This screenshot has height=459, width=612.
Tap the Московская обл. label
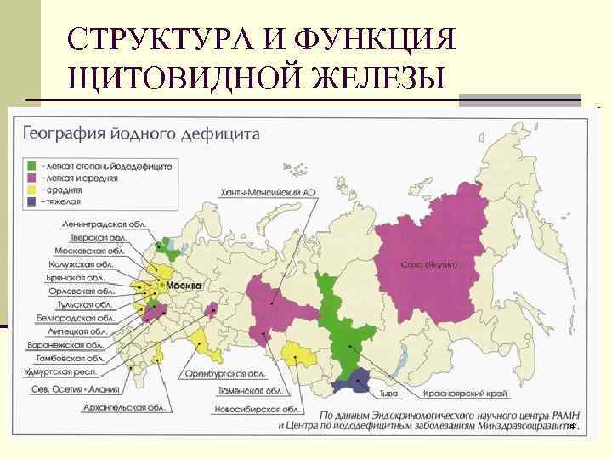click(89, 251)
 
